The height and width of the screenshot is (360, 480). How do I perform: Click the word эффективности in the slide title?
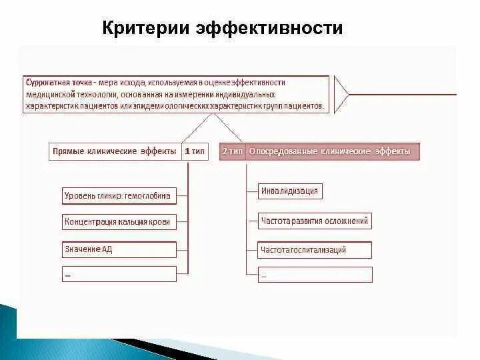click(x=269, y=29)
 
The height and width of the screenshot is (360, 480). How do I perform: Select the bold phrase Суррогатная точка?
click(x=59, y=83)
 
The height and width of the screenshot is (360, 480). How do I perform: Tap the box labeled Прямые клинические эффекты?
click(x=113, y=151)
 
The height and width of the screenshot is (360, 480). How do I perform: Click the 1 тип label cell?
click(x=195, y=151)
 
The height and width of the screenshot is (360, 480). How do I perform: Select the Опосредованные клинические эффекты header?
click(x=329, y=151)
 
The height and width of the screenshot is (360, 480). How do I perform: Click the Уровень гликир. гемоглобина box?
click(x=118, y=195)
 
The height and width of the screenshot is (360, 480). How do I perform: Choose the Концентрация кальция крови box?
click(x=118, y=222)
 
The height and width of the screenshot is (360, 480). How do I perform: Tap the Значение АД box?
click(x=118, y=249)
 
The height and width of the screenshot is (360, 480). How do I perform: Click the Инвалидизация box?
click(x=289, y=191)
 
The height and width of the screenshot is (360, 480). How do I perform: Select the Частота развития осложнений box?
click(x=315, y=221)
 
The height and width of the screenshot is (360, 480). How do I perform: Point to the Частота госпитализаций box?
click(x=315, y=250)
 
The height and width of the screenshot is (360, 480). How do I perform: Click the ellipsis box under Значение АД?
click(x=118, y=273)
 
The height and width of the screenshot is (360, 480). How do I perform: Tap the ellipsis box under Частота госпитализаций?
click(x=315, y=274)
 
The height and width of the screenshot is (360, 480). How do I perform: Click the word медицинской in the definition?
click(x=49, y=94)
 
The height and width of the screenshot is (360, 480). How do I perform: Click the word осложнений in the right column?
click(x=345, y=221)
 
